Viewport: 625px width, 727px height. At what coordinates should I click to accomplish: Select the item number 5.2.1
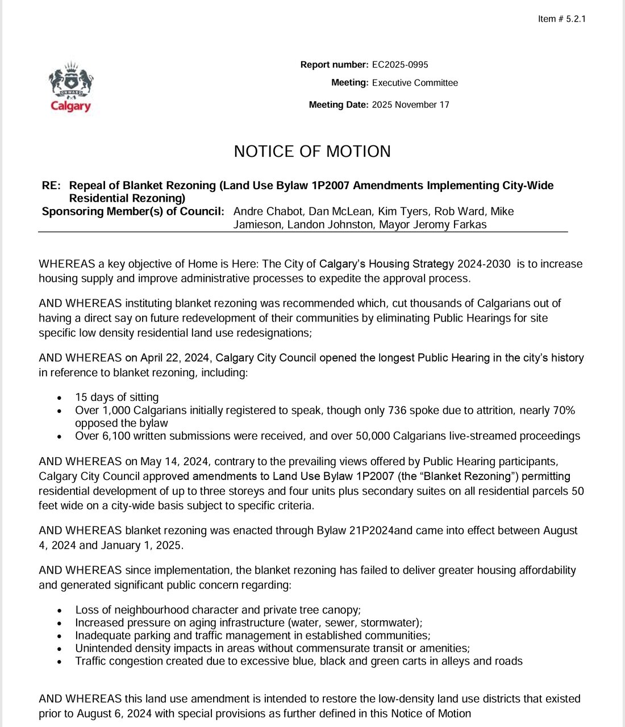tap(576, 19)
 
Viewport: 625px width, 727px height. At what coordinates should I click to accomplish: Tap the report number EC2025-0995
tap(400, 65)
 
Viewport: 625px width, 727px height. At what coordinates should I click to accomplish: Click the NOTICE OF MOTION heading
tap(312, 152)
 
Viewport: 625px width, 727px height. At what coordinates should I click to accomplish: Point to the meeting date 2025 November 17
tap(410, 105)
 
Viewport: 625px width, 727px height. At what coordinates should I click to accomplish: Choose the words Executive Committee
tap(415, 83)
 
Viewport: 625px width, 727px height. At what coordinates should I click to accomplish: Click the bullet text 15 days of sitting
tap(117, 398)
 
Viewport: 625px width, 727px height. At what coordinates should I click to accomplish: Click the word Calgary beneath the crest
tap(71, 106)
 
